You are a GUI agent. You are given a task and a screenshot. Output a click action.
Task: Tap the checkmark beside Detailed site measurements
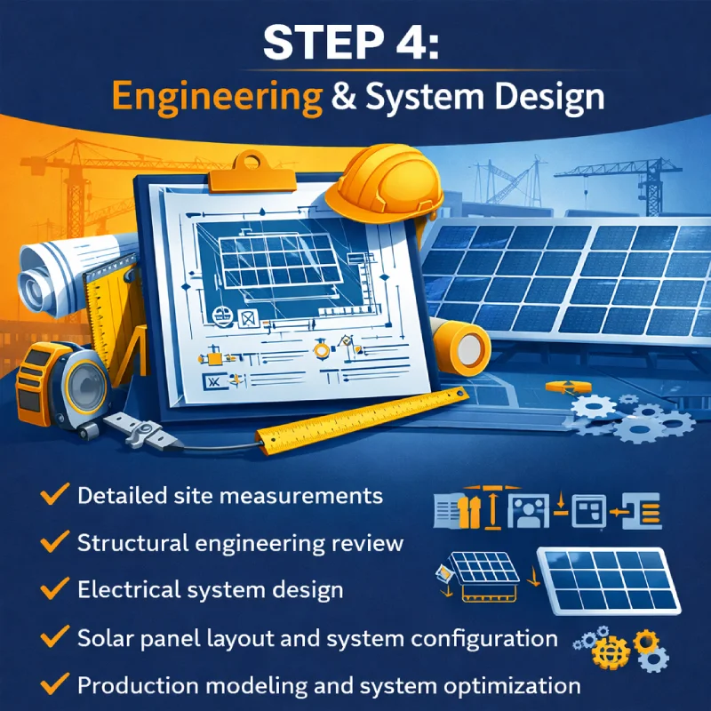55,495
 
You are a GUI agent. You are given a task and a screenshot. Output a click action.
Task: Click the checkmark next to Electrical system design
55,589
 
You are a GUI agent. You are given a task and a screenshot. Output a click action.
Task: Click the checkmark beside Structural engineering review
55,542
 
